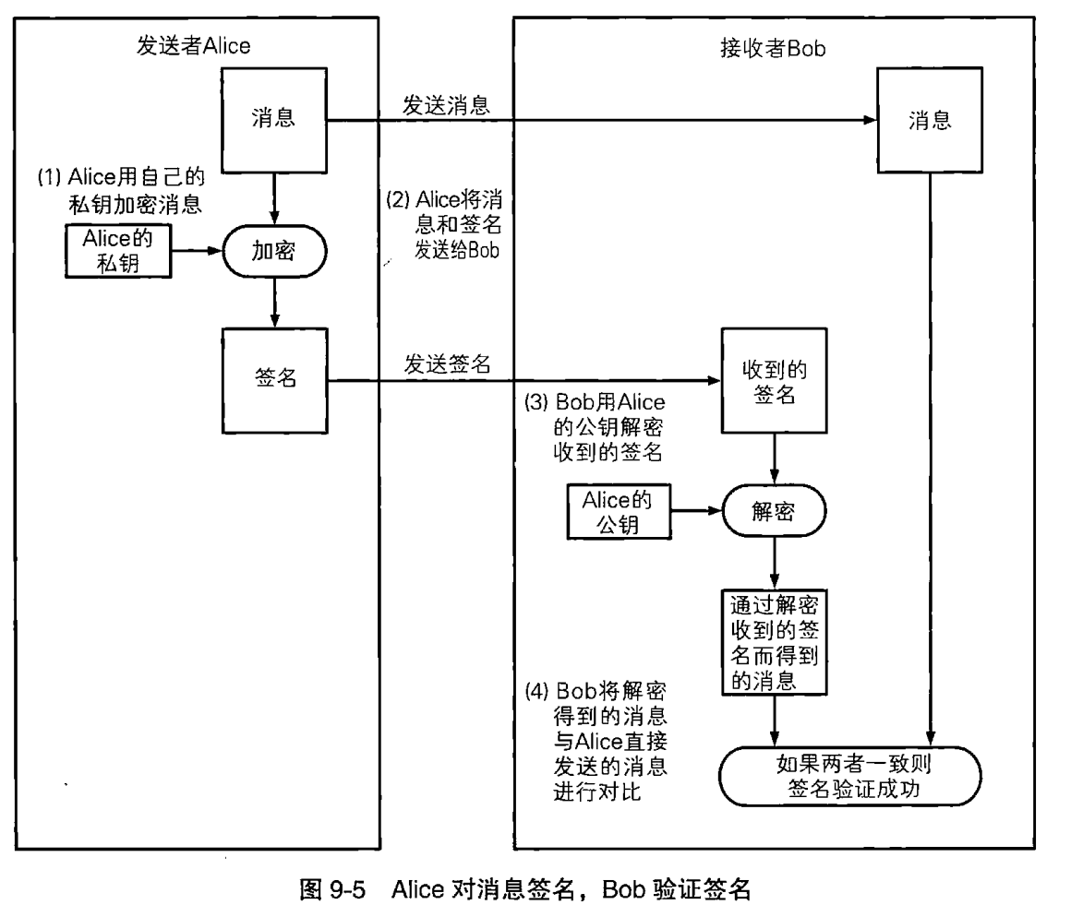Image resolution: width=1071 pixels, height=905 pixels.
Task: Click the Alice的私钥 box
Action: coord(117,250)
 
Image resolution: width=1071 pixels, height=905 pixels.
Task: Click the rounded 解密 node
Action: coord(774,508)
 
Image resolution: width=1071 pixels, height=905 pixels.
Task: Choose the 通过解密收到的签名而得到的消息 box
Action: coord(774,641)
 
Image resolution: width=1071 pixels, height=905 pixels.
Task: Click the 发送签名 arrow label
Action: coord(447,363)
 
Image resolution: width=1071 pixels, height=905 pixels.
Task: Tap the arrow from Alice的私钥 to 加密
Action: coord(196,250)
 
